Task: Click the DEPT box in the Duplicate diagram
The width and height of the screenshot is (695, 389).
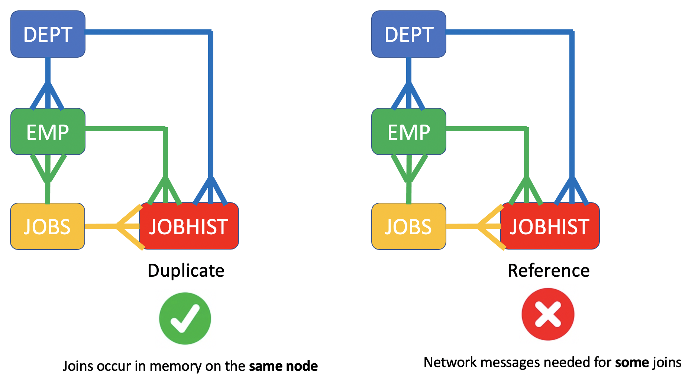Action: [x=48, y=34]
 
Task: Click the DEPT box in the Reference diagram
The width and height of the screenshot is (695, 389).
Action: [x=409, y=34]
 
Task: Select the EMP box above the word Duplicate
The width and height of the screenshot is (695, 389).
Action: [x=48, y=132]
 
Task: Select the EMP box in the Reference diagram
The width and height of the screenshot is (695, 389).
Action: [x=409, y=132]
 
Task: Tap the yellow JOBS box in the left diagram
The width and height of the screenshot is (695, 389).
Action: [x=48, y=226]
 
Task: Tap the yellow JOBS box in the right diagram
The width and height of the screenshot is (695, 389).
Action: [x=408, y=226]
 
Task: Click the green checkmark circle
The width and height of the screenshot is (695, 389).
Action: [x=185, y=318]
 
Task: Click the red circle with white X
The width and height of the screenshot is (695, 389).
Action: [x=548, y=314]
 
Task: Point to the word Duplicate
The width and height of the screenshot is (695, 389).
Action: [x=186, y=271]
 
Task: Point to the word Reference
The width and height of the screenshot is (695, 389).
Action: [x=549, y=271]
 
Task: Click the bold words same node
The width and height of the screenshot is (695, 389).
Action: [x=283, y=366]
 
